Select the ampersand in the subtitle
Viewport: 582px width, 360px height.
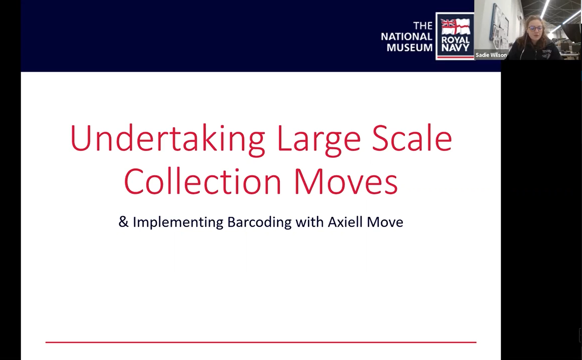123,222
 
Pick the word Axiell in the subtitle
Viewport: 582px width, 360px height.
345,222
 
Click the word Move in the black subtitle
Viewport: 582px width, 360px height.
385,222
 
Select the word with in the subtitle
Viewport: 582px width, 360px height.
310,222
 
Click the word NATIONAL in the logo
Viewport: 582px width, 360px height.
407,37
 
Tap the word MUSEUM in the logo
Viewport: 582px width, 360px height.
410,48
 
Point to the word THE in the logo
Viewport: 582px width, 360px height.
423,26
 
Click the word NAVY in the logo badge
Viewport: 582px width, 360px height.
455,48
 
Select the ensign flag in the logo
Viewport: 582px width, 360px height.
455,27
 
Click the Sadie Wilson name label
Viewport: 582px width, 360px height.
491,55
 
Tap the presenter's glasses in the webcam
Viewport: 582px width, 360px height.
534,28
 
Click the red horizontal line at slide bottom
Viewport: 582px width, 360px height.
261,342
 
